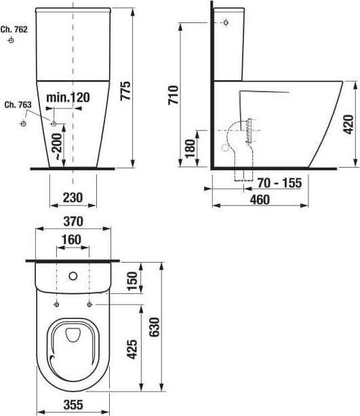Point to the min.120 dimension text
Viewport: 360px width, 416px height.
pos(68,98)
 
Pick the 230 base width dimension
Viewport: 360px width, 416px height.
pos(72,197)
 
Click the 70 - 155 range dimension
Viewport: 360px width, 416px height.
pos(279,183)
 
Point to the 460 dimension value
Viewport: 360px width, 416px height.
pos(259,199)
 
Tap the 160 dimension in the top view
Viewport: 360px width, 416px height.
pos(71,240)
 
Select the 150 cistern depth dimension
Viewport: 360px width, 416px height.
pos(133,279)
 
